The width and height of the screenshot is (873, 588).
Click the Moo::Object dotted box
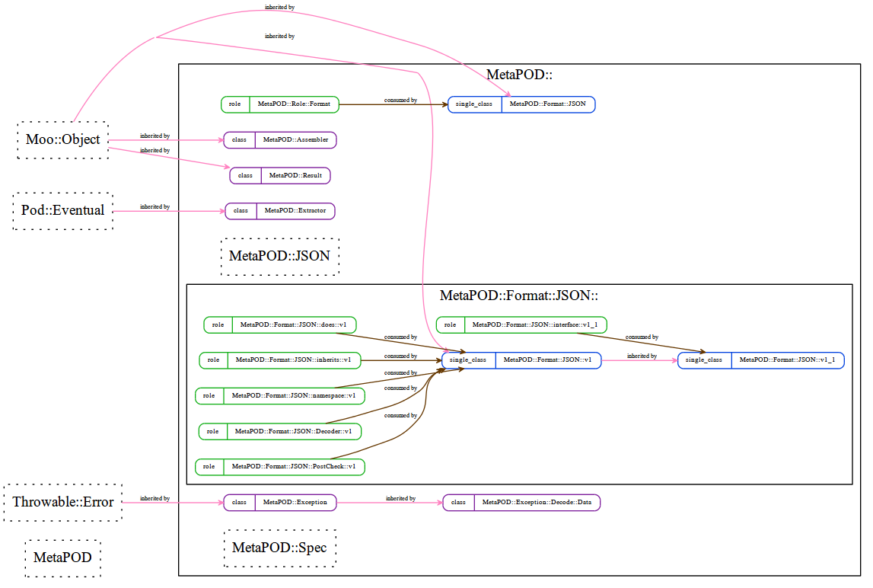coord(63,140)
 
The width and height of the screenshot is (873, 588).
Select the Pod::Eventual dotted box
coord(63,211)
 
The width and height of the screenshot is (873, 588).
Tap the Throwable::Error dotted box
coord(63,502)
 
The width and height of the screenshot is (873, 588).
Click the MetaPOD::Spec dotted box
coord(280,548)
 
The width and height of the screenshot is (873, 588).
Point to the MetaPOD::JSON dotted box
coord(280,257)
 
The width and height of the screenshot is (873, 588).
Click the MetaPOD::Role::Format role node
coord(280,104)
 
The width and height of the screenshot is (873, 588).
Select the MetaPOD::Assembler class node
coord(280,140)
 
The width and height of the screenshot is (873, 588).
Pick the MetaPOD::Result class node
coord(280,176)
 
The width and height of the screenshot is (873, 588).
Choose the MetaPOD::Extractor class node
coord(280,211)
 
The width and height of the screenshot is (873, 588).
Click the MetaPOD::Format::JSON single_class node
coord(521,104)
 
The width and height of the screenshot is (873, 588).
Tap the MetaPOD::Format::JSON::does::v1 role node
coord(280,325)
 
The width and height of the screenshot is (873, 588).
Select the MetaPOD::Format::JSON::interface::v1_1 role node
coord(521,325)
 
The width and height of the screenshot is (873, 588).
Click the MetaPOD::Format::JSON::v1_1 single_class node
coord(760,360)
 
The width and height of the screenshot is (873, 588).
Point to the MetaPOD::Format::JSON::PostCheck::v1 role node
coord(280,466)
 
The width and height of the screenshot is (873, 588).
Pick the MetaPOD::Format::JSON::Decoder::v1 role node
coord(280,431)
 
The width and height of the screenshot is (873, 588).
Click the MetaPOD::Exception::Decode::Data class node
coord(521,503)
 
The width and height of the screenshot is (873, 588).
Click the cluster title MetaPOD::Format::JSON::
coord(519,296)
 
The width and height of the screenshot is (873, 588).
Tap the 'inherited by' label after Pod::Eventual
coord(155,206)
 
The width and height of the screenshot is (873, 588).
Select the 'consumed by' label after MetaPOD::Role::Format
coord(400,101)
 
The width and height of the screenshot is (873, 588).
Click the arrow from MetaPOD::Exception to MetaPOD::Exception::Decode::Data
coord(390,503)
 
